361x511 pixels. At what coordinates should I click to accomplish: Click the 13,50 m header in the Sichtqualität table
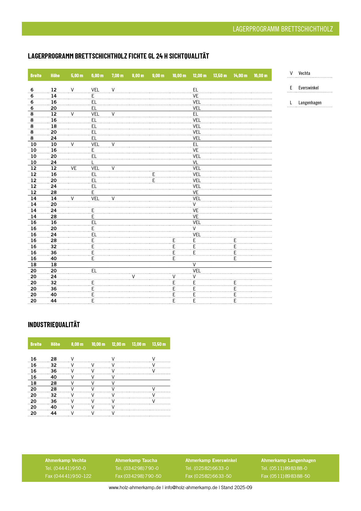click(220, 75)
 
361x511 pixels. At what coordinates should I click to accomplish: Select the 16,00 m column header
click(260, 75)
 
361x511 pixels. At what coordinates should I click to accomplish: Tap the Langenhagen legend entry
click(310, 103)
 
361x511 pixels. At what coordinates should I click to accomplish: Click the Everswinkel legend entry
click(308, 88)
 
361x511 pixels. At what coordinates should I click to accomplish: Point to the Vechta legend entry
click(304, 73)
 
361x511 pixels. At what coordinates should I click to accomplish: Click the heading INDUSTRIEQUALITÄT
click(54, 325)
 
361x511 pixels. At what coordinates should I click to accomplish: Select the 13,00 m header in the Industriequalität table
click(139, 344)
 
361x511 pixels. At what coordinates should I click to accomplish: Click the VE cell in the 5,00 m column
click(74, 168)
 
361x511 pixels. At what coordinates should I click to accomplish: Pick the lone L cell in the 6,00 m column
click(93, 162)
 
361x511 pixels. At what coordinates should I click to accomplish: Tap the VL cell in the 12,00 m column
click(195, 162)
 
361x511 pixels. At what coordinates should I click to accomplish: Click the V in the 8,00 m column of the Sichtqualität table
click(133, 276)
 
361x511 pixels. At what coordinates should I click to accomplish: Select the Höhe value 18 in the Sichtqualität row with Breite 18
click(54, 265)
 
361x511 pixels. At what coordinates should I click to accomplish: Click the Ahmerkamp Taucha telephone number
click(137, 468)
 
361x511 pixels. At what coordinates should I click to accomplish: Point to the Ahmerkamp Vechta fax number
click(68, 476)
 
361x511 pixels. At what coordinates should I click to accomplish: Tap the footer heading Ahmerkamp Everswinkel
click(211, 460)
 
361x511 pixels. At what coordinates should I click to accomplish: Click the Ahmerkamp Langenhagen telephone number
click(284, 468)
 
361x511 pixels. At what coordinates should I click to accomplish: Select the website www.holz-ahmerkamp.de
click(135, 487)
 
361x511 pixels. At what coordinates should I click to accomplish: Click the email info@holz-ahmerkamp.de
click(191, 487)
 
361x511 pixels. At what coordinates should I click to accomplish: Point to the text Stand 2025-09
click(236, 487)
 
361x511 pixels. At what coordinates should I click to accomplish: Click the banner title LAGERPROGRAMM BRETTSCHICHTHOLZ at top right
click(282, 29)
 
